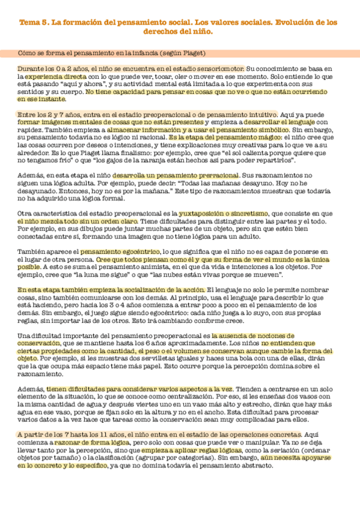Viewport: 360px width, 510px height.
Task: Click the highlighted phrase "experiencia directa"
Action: tap(51, 78)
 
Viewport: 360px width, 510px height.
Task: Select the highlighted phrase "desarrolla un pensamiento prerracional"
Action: tap(186, 174)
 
